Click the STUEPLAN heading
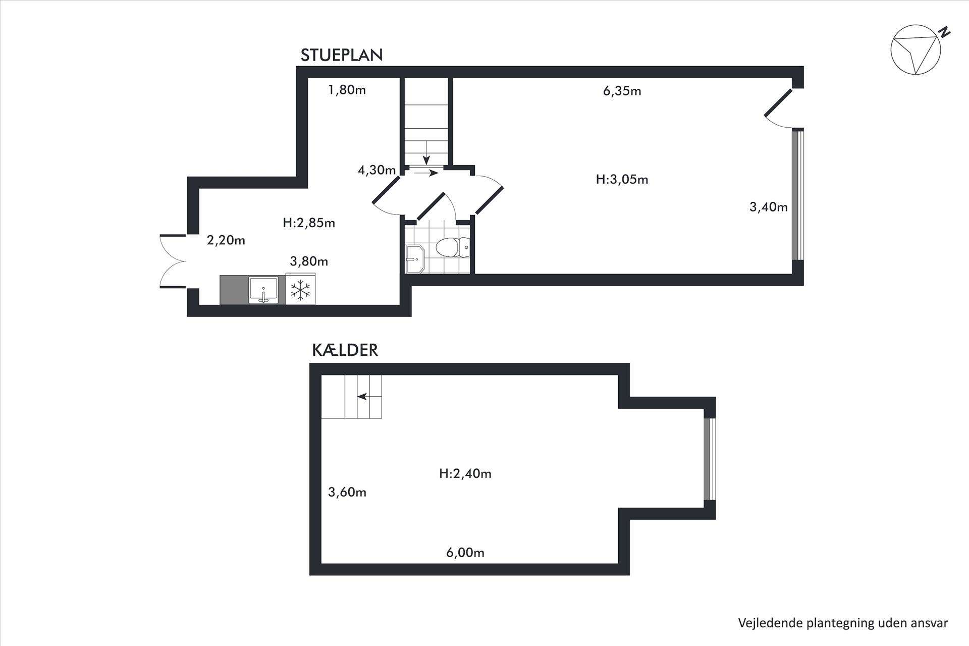click(x=342, y=55)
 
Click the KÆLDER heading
click(x=345, y=350)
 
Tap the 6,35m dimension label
click(x=622, y=91)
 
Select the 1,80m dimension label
click(x=347, y=90)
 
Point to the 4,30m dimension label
click(x=376, y=171)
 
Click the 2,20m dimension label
click(x=226, y=241)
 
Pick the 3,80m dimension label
click(x=309, y=261)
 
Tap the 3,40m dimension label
click(x=769, y=207)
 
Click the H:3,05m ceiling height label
click(x=622, y=180)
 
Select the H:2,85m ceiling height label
click(x=309, y=223)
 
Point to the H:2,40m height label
click(x=465, y=473)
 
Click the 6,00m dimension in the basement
click(x=465, y=553)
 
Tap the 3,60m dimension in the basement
click(x=347, y=493)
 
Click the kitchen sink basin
click(x=263, y=290)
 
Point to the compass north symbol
click(x=916, y=50)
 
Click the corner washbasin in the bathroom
click(x=415, y=259)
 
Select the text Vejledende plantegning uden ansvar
click(x=843, y=623)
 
